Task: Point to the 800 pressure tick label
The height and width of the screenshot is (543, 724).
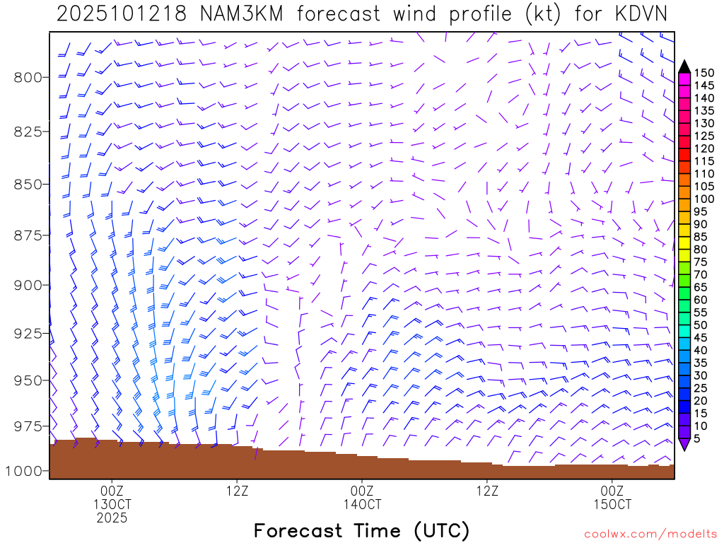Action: pos(29,76)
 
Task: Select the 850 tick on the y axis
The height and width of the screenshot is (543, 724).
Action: pos(29,184)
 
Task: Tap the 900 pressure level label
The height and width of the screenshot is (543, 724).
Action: pos(29,285)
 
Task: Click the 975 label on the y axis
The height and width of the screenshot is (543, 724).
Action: pos(29,426)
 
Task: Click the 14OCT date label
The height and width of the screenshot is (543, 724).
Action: pos(362,505)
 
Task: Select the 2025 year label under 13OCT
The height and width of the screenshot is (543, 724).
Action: pos(112,519)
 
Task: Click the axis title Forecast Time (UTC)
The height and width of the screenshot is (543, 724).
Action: pos(361,531)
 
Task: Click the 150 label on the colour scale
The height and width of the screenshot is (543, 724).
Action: pos(703,73)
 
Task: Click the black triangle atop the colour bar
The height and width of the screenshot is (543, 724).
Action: pos(684,66)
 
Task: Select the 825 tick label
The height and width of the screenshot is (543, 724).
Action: pos(29,132)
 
